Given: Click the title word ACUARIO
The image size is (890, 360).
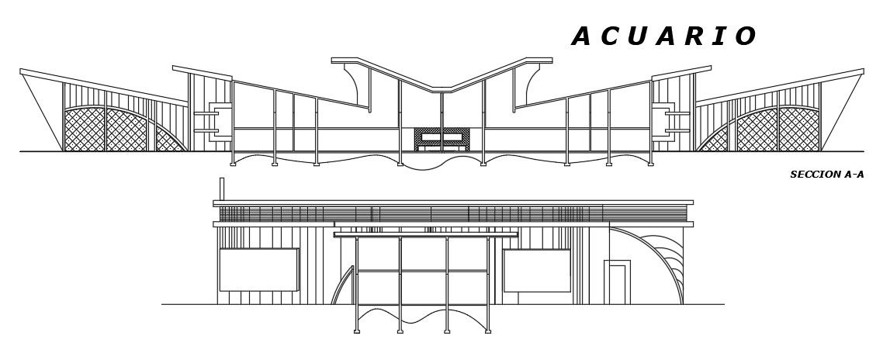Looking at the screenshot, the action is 663,36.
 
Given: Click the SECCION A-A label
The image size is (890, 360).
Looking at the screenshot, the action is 826,175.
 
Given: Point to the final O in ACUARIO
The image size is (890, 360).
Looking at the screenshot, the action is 746,36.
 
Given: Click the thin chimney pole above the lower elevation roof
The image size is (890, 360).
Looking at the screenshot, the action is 222,189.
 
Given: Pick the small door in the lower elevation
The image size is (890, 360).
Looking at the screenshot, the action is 618,282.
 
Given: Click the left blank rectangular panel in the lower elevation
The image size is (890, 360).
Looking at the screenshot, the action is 258,269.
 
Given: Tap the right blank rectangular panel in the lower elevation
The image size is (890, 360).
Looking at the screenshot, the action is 537,270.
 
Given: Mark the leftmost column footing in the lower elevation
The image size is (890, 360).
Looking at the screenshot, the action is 356,331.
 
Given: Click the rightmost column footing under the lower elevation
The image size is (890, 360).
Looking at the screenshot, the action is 488,331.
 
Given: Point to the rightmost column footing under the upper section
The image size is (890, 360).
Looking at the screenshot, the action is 651,164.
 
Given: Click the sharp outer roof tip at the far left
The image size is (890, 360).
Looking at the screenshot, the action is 21,71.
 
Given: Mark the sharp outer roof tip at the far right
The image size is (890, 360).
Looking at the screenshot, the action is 862,71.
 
